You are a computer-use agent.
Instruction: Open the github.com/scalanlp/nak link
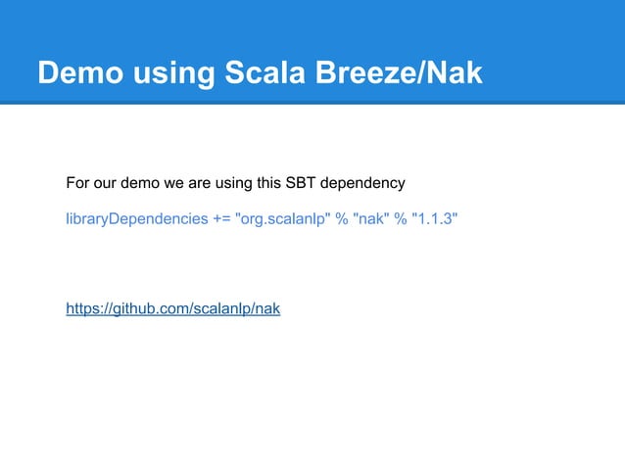pyautogui.click(x=172, y=309)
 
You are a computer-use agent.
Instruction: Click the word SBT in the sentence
pyautogui.click(x=302, y=183)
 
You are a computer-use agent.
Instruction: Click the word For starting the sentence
pyautogui.click(x=77, y=183)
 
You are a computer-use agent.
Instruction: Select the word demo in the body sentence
pyautogui.click(x=139, y=183)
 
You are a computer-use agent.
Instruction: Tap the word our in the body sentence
pyautogui.click(x=105, y=183)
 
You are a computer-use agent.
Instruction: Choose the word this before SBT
pyautogui.click(x=268, y=183)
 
